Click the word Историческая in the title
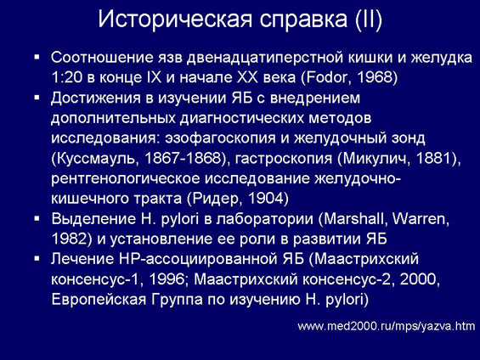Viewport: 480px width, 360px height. pyautogui.click(x=175, y=20)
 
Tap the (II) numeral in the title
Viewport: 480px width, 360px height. pyautogui.click(x=369, y=20)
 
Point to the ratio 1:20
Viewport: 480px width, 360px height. pyautogui.click(x=67, y=78)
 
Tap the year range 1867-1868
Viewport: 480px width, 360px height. pyautogui.click(x=183, y=158)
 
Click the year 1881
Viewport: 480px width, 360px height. pyautogui.click(x=434, y=158)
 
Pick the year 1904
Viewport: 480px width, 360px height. pyautogui.click(x=265, y=199)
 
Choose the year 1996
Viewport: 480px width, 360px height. pyautogui.click(x=167, y=279)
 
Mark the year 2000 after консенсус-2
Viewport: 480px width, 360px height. pyautogui.click(x=417, y=279)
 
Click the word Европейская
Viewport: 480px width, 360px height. pyautogui.click(x=99, y=300)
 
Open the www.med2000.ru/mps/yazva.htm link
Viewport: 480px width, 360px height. pyautogui.click(x=387, y=326)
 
